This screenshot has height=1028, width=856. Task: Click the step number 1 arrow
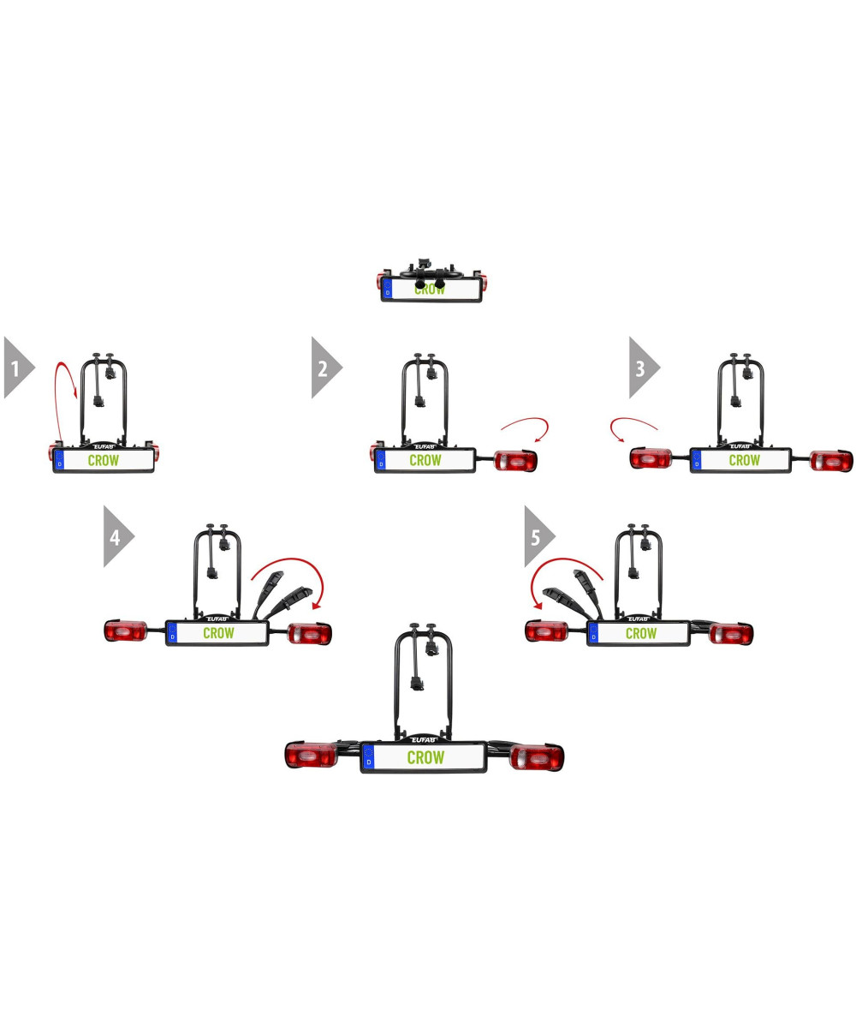(16, 368)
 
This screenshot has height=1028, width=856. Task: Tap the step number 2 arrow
(324, 368)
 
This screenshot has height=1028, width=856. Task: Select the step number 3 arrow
(642, 368)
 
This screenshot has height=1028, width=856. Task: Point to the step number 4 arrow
(116, 536)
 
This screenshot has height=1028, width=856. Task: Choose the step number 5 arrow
(537, 536)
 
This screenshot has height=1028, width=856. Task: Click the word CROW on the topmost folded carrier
(430, 290)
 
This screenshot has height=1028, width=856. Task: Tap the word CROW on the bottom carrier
(425, 757)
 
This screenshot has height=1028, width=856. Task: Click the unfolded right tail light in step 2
(516, 462)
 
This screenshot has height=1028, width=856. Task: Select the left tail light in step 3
(651, 459)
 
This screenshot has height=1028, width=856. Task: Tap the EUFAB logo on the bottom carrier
(424, 738)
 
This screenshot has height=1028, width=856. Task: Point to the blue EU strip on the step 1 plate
(59, 460)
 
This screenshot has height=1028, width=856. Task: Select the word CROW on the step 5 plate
(640, 633)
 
